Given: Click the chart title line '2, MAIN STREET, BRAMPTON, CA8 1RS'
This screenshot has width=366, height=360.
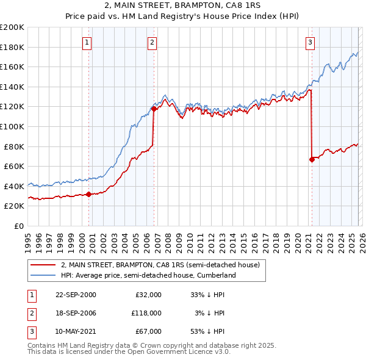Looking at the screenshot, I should (x=182, y=5).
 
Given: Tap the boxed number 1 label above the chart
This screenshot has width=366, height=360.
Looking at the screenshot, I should (x=88, y=42).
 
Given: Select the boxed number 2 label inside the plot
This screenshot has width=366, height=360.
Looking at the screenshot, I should (x=152, y=42).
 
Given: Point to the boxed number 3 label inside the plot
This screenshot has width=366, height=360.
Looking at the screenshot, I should (x=310, y=42).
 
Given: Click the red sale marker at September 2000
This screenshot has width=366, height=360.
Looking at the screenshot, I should (x=89, y=195).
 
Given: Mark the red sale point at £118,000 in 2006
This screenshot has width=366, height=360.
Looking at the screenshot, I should (x=154, y=109).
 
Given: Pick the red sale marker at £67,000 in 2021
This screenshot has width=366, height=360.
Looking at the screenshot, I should (x=312, y=160).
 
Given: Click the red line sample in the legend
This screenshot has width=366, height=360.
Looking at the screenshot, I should (x=43, y=265).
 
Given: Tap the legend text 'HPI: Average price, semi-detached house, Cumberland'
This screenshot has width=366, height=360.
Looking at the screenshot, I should (x=148, y=275).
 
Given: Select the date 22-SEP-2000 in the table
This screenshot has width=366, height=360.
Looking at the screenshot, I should (x=76, y=294).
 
